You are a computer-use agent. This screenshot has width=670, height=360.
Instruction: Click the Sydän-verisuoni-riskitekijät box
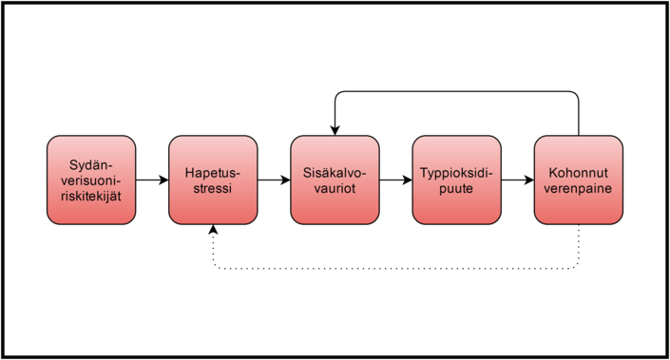[x=91, y=180]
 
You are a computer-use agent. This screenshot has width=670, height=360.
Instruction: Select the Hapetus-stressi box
[x=213, y=180]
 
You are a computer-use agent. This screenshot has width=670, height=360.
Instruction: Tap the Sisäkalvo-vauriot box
[x=335, y=180]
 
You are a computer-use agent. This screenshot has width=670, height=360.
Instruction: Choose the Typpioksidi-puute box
[x=457, y=180]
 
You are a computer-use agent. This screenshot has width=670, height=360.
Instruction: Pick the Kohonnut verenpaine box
[x=579, y=180]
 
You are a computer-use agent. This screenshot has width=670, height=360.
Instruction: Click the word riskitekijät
[x=91, y=196]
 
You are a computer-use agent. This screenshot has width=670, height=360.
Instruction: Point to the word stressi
[x=212, y=188]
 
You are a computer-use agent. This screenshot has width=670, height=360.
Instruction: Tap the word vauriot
[x=335, y=188]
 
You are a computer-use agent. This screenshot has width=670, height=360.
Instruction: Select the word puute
[x=456, y=189]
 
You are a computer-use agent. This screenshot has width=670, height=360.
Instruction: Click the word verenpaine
[x=578, y=189]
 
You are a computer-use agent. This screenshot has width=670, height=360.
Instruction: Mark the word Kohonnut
[x=578, y=173]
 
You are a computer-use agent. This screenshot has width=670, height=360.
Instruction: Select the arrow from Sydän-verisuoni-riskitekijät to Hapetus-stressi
[x=152, y=180]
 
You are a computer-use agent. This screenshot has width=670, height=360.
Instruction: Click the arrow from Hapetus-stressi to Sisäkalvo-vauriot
[x=274, y=180]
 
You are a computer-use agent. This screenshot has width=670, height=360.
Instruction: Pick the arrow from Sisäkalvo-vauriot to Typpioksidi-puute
[x=395, y=180]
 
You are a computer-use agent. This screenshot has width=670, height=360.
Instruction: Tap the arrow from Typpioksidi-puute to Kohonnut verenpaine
[x=517, y=180]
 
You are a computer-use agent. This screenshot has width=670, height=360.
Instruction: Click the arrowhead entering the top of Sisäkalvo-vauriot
[x=335, y=130]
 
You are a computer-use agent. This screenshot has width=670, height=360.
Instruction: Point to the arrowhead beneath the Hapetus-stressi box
[x=213, y=230]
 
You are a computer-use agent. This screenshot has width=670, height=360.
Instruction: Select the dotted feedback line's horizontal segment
[x=395, y=269]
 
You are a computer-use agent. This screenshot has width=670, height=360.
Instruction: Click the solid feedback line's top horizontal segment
[x=457, y=91]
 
